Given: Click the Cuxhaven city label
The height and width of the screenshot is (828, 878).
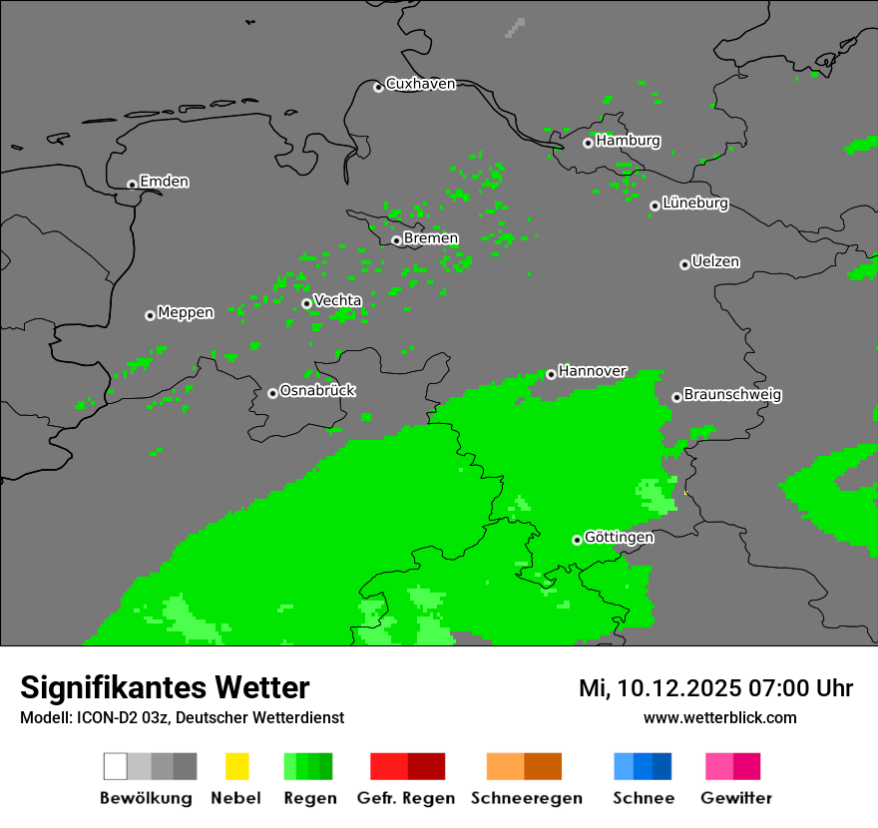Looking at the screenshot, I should (x=420, y=84).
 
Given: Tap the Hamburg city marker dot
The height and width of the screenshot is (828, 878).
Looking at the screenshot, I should (x=588, y=143).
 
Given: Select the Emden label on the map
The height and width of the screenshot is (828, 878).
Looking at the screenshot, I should (x=164, y=182).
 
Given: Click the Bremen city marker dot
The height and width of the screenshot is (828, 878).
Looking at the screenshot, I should (x=396, y=240).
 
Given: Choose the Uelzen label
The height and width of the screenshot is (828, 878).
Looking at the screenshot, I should (x=715, y=262).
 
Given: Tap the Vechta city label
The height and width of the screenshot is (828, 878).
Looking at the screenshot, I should (x=337, y=301).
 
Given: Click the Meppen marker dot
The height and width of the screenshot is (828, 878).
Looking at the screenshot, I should (x=150, y=315).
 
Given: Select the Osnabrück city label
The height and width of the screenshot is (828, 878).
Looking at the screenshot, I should (x=317, y=391).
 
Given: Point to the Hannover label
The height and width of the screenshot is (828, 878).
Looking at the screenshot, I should (x=593, y=371).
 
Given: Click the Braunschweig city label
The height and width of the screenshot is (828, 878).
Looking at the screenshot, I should (x=732, y=395).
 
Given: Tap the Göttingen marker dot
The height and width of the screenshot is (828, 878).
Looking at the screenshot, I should (x=577, y=540).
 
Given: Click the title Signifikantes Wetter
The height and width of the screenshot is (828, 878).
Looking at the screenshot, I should (x=165, y=687).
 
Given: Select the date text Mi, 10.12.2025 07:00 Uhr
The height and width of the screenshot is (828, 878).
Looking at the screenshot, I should (x=715, y=688).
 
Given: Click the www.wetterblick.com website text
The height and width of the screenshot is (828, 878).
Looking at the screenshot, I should (x=719, y=718).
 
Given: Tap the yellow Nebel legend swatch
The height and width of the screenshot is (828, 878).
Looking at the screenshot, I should (x=236, y=766).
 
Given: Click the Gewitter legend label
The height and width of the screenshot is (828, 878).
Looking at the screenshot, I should (x=735, y=798).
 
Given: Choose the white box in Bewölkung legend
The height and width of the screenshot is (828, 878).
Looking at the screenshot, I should (x=116, y=766).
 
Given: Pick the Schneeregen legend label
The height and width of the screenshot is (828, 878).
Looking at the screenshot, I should (x=526, y=798).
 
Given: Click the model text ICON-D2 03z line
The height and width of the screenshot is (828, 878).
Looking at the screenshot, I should (x=182, y=718).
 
